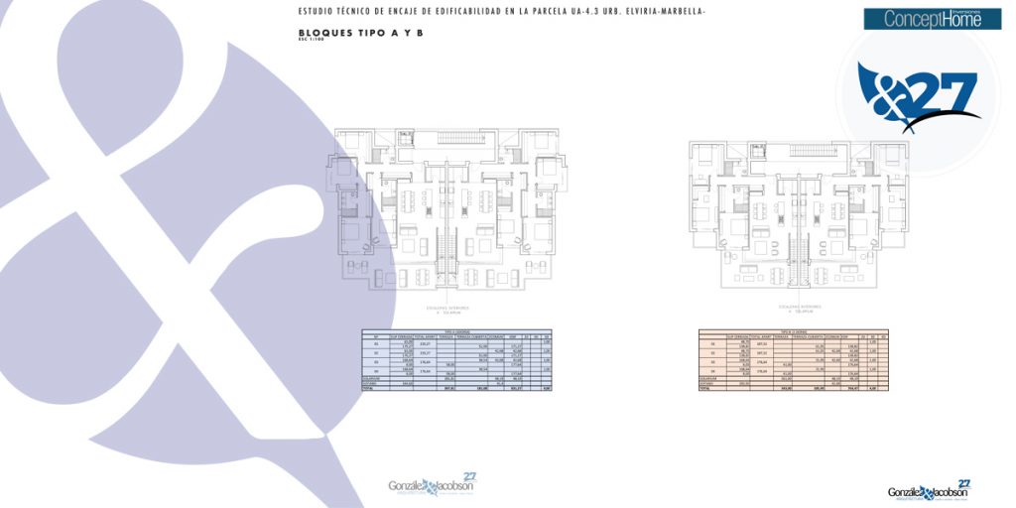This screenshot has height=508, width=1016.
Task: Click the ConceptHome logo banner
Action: (x=933, y=19)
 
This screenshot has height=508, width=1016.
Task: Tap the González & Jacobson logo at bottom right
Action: (x=929, y=490)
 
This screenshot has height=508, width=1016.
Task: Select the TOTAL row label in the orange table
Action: (x=705, y=388)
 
